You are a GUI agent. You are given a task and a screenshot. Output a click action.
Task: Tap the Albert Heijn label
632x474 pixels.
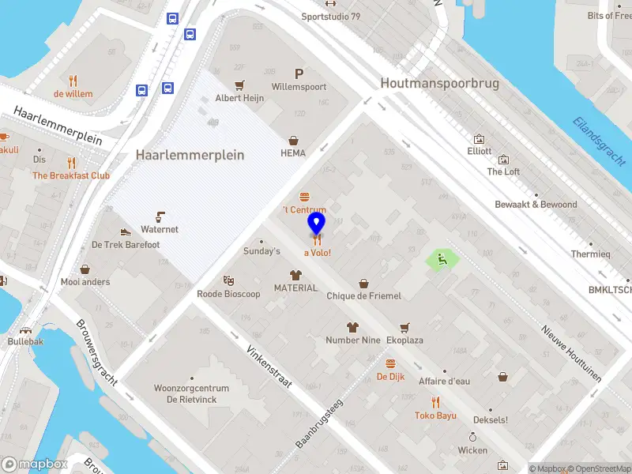(x=239, y=99)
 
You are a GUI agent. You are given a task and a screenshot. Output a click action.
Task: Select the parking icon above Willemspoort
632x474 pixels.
(x=299, y=72)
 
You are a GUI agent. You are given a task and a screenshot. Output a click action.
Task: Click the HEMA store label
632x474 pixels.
(x=292, y=153)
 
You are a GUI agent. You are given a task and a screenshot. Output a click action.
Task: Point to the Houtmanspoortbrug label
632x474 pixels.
(x=439, y=83)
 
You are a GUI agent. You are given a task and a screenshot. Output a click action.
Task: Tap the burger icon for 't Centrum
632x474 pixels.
(x=304, y=197)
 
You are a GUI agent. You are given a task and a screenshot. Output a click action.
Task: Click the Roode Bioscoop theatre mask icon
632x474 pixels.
(x=228, y=280)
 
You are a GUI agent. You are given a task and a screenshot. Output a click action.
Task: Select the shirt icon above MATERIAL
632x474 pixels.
(x=295, y=275)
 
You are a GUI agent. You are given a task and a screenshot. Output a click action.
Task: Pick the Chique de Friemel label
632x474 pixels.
(x=364, y=295)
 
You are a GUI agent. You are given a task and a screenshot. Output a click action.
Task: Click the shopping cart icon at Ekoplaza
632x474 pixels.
(x=404, y=327)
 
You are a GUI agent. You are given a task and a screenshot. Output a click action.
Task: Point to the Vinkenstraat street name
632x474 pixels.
(x=269, y=366)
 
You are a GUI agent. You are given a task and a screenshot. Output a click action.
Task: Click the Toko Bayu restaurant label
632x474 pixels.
(x=435, y=416)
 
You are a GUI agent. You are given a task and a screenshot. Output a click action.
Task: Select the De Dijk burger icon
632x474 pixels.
(x=390, y=363)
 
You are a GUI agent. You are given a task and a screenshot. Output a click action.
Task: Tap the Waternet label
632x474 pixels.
(x=160, y=229)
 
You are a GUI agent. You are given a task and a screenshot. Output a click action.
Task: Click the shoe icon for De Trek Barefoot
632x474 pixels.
(x=126, y=232)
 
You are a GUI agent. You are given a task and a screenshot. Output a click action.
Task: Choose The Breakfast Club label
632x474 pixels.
(x=71, y=175)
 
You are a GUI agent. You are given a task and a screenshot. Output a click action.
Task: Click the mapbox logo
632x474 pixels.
(x=35, y=464)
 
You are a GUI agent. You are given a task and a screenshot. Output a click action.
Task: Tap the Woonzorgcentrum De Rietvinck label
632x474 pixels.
(x=192, y=393)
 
